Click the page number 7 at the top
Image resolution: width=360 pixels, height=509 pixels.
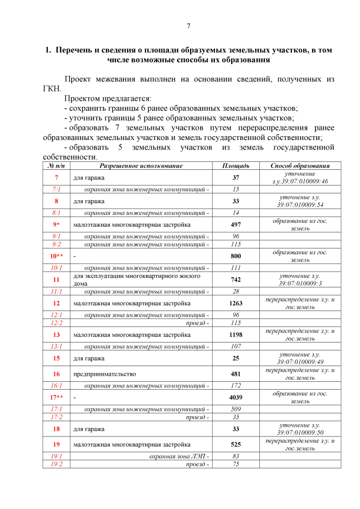188,26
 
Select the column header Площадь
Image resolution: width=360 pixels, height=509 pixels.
236,166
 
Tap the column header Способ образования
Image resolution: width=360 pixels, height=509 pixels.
299,166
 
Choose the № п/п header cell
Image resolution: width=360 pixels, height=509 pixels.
57,166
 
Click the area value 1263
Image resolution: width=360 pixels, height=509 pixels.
236,303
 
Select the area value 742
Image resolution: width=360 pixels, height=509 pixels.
236,280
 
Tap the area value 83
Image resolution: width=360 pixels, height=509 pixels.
236,456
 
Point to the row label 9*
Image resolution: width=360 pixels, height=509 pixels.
57,224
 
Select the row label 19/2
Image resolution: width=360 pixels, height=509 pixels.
57,464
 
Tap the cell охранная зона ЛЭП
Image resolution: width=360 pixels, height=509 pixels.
179,456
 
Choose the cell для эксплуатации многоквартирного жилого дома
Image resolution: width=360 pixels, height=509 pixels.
138,280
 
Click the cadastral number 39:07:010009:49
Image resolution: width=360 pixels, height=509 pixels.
300,362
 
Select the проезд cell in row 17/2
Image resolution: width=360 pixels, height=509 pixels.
198,417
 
